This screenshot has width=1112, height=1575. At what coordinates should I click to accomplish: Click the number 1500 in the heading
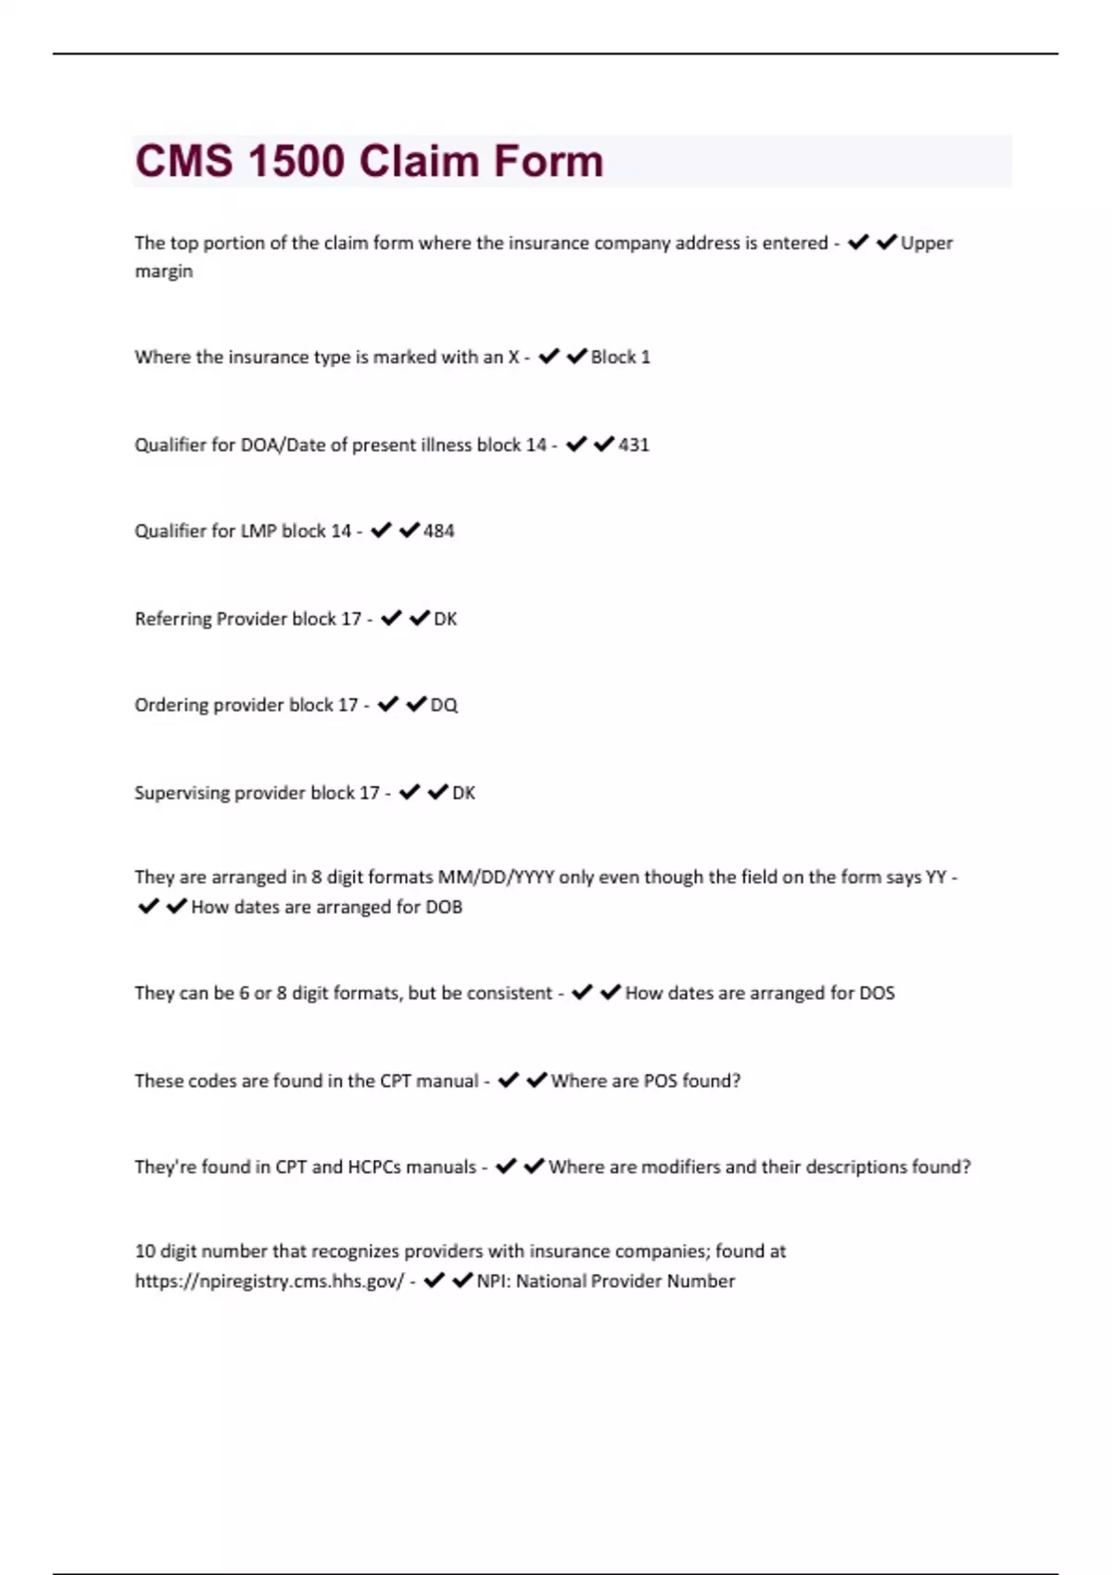297,160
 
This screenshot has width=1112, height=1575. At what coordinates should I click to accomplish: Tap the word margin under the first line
164,271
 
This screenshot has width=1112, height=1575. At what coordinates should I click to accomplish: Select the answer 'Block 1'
620,357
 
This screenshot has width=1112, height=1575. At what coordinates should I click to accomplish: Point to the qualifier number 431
634,445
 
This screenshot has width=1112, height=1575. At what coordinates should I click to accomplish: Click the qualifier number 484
438,531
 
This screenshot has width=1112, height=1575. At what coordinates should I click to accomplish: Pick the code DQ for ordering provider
444,705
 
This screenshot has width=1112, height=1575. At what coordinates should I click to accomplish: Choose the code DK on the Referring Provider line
445,619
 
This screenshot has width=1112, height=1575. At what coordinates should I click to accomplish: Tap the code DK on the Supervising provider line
463,793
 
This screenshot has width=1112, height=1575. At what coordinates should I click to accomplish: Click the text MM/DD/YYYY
509,877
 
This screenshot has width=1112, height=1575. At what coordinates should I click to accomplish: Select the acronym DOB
443,907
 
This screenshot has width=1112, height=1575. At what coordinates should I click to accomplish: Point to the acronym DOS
876,993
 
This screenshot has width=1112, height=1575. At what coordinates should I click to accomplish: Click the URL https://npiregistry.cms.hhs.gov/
270,1281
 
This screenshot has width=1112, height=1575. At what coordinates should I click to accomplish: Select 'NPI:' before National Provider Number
493,1281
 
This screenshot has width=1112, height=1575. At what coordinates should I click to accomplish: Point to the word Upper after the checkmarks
927,243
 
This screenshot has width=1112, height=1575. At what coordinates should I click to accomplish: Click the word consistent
510,993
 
